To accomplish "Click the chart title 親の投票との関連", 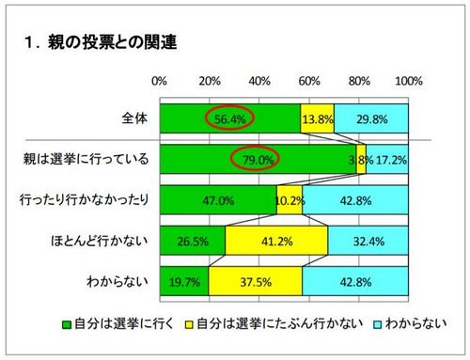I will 107,43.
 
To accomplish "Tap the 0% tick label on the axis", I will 159,81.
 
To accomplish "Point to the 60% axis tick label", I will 309,81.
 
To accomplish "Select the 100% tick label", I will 408,81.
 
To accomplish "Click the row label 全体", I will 133,118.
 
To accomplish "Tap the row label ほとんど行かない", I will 102,240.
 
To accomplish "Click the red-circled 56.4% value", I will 229,118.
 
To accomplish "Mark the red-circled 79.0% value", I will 257,159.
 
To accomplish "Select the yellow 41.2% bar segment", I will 276,240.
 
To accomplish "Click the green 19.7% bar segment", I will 183,280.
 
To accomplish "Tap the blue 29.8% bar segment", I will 371,118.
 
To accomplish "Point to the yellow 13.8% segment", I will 317,118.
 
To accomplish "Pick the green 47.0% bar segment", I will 217,199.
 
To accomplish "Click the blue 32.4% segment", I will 368,240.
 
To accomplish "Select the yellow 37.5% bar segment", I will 255,280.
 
